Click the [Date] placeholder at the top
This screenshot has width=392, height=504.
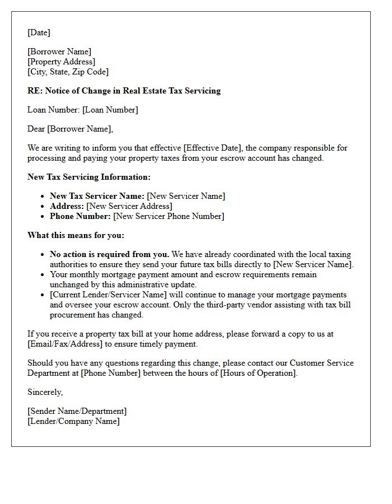[x=39, y=32]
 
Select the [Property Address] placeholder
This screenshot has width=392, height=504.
[x=61, y=62]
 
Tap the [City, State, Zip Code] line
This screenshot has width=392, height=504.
[x=68, y=72]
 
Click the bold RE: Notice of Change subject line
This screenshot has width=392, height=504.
[x=124, y=91]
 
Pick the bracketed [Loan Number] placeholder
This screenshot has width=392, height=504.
[x=110, y=110]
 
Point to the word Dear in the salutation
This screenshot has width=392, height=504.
[x=36, y=129]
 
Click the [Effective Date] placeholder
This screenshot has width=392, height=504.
[x=211, y=148]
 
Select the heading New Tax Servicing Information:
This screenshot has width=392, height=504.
[x=88, y=177]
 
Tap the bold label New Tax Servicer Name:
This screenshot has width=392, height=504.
[x=97, y=196]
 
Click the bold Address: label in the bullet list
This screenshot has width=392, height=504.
[x=67, y=206]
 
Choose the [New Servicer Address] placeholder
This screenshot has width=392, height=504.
[x=129, y=206]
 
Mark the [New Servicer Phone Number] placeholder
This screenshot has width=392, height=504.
[x=168, y=216]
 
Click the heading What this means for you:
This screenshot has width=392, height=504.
[x=76, y=235]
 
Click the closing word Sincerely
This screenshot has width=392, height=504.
[x=45, y=392]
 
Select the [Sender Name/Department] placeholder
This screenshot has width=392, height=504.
[x=77, y=411]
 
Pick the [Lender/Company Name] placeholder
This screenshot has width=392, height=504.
[x=73, y=421]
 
